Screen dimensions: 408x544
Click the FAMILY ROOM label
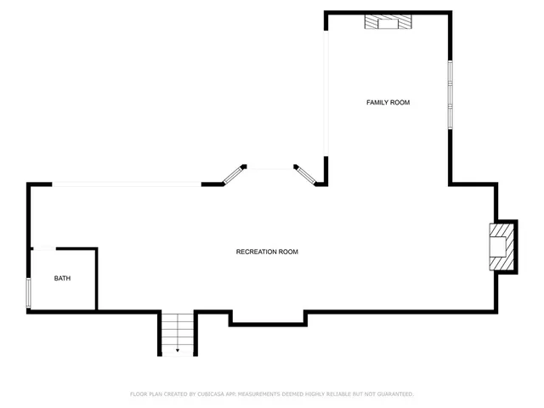click(x=388, y=103)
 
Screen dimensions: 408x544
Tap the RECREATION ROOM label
click(x=267, y=252)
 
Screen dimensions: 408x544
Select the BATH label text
click(x=63, y=279)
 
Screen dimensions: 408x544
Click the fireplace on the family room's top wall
click(x=388, y=21)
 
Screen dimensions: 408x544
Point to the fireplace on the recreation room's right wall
click(x=501, y=246)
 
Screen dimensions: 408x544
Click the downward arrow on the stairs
click(x=178, y=348)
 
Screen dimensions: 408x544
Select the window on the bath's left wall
click(x=29, y=292)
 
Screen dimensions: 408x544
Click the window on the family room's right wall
click(x=450, y=94)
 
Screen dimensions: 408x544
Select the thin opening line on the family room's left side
click(x=326, y=93)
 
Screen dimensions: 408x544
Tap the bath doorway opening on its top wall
click(x=44, y=248)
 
